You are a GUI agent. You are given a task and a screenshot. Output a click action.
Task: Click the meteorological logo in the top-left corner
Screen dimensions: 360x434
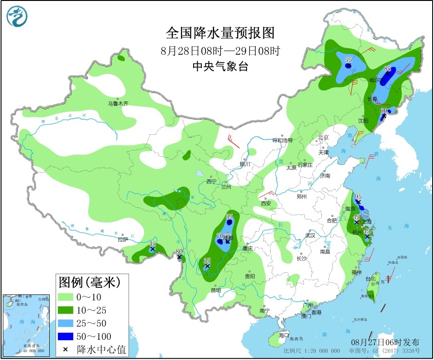17,17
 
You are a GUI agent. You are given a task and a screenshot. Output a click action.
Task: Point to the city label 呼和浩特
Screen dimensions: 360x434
282,140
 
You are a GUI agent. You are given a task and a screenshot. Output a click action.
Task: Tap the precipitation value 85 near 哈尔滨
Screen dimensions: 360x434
388,69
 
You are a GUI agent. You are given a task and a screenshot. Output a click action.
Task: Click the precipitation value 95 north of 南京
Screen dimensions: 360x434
358,196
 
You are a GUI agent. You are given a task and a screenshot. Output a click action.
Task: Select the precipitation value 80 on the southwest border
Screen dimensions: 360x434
179,251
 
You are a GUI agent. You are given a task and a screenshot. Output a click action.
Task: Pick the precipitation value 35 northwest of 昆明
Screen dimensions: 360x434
207,260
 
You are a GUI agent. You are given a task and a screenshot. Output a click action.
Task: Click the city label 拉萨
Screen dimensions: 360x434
122,239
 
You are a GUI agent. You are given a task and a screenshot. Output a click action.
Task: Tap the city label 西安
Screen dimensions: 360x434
266,203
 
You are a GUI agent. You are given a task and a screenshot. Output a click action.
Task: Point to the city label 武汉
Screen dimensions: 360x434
310,235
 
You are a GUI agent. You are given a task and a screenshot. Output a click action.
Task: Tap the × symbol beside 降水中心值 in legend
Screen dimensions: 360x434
65,349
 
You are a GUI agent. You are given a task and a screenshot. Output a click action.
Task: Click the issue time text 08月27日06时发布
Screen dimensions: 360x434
385,343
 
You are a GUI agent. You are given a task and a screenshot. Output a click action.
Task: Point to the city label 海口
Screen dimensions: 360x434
284,336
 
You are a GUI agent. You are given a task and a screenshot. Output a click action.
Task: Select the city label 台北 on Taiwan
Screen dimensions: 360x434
370,279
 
